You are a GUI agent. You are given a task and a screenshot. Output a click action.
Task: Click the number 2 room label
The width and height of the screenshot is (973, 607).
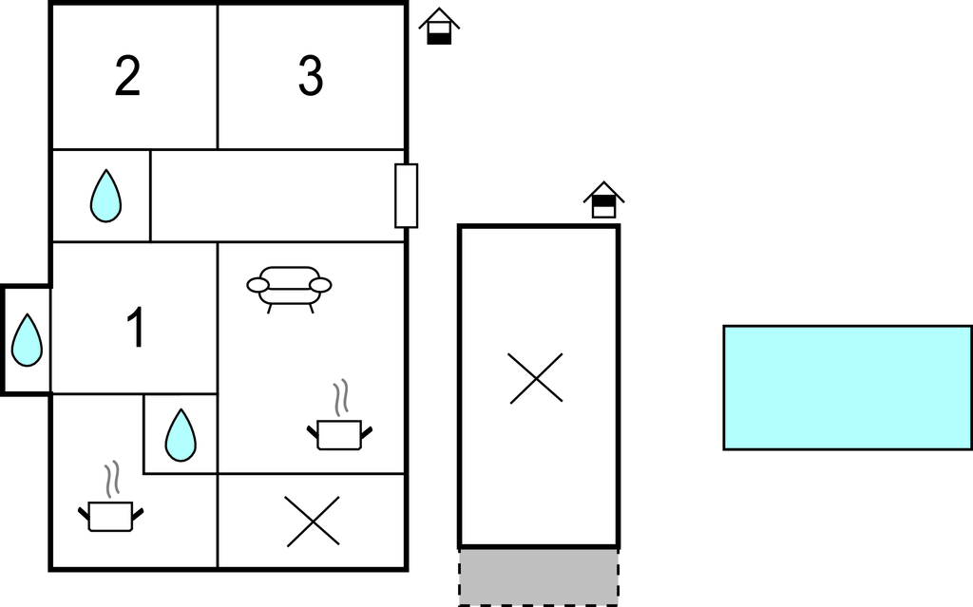[x=127, y=76]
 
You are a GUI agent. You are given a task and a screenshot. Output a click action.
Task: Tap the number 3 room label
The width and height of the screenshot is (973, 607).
[x=311, y=76]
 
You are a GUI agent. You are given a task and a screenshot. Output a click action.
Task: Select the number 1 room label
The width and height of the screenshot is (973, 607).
[x=137, y=327]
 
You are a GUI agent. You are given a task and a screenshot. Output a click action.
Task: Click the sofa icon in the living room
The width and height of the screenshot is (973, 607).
[x=289, y=289]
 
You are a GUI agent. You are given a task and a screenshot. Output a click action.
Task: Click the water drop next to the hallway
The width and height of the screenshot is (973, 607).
[x=105, y=196]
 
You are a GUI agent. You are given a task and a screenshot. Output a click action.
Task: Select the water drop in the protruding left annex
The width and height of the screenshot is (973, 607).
[x=27, y=339]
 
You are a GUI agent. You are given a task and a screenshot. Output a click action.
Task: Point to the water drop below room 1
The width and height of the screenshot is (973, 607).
[x=181, y=434]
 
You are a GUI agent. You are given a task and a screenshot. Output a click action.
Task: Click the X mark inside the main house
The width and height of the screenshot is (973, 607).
[x=313, y=522]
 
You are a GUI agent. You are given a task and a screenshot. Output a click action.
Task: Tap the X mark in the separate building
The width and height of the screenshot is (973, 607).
[x=536, y=378]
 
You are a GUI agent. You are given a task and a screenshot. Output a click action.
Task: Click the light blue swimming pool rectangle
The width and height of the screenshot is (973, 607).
[x=848, y=388]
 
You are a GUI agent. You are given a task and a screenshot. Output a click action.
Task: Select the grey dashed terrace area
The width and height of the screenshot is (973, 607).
[x=538, y=577]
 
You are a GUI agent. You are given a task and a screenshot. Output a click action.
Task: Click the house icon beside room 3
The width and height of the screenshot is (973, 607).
[x=439, y=27]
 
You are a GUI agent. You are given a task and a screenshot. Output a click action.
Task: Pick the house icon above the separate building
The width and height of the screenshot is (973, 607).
[x=603, y=199]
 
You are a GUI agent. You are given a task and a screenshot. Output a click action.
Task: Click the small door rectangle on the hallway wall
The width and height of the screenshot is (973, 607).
[x=407, y=196]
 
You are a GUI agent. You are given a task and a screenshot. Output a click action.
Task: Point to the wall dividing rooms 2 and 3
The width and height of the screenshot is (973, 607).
[x=218, y=76]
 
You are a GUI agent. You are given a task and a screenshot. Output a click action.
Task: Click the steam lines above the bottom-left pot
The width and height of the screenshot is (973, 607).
[x=112, y=479]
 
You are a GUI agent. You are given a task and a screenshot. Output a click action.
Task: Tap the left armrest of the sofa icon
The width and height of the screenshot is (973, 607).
[x=258, y=285]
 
